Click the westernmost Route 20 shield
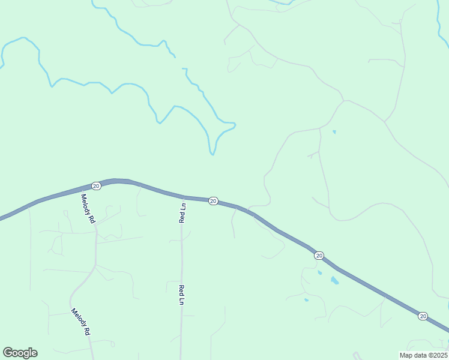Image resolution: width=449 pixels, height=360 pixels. click(96, 186)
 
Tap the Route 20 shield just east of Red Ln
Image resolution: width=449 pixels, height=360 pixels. click(213, 201)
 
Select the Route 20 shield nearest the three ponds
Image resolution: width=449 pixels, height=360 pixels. click(319, 256)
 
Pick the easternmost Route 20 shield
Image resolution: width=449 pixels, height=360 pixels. click(423, 316)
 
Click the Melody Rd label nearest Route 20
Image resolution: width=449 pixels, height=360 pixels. click(88, 209)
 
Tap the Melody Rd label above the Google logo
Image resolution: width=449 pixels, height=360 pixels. click(80, 322)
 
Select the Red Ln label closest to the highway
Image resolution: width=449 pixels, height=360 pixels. click(182, 213)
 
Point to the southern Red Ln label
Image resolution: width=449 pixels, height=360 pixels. click(181, 295)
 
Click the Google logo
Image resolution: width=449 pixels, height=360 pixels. click(20, 353)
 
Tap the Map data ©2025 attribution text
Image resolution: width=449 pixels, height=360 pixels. click(423, 355)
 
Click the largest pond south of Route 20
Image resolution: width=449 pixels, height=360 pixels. click(334, 280)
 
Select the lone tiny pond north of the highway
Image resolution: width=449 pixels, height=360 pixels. click(334, 131)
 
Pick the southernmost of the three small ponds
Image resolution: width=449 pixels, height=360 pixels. click(306, 300)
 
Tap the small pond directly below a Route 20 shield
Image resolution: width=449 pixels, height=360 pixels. click(319, 272)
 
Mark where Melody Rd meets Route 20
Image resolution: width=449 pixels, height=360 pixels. click(81, 191)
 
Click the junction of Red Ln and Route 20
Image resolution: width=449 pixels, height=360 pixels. click(184, 197)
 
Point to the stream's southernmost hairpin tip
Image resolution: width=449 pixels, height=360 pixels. click(212, 154)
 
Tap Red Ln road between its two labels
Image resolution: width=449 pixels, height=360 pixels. click(181, 252)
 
